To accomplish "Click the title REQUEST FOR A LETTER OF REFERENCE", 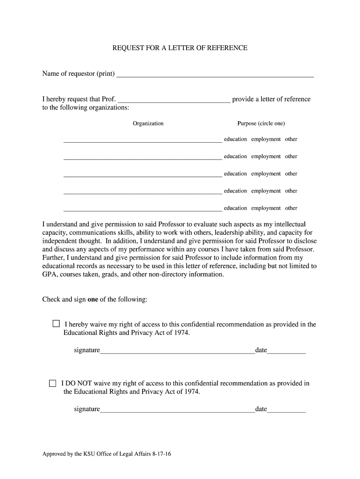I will [180, 48].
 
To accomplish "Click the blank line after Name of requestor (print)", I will [215, 75].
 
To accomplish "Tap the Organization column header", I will [148, 123].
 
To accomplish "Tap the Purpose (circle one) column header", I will [261, 123].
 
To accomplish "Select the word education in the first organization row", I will [235, 139].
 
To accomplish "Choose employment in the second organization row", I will [266, 157].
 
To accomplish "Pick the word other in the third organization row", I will [291, 174].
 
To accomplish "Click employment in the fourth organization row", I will [266, 191].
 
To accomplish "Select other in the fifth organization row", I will [291, 208].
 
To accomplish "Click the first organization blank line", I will [143, 140].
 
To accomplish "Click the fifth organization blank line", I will [143, 210].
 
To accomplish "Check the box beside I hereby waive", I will [56, 324].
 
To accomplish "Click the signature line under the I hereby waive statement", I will [178, 352].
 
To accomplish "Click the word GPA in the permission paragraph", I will [49, 275].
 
